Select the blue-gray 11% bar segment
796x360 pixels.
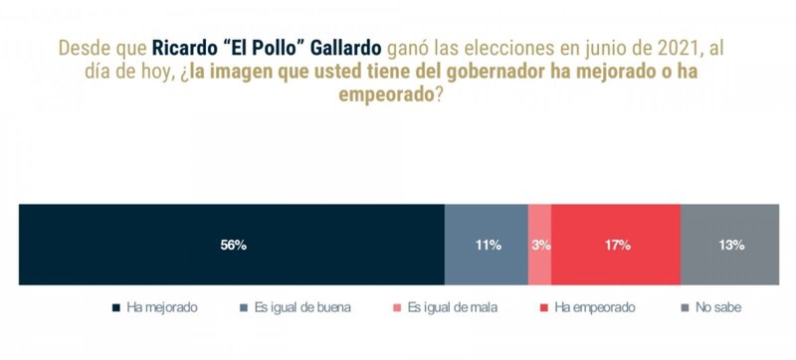(x=486, y=245)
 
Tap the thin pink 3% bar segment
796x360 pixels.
(x=539, y=245)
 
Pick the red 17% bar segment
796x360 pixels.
(x=615, y=245)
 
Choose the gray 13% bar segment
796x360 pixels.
(x=730, y=245)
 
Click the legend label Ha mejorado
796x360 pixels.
(x=162, y=308)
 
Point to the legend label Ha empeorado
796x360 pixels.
(x=595, y=308)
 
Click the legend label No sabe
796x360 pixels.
(x=718, y=308)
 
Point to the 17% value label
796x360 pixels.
(x=615, y=245)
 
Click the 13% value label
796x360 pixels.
(x=730, y=245)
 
